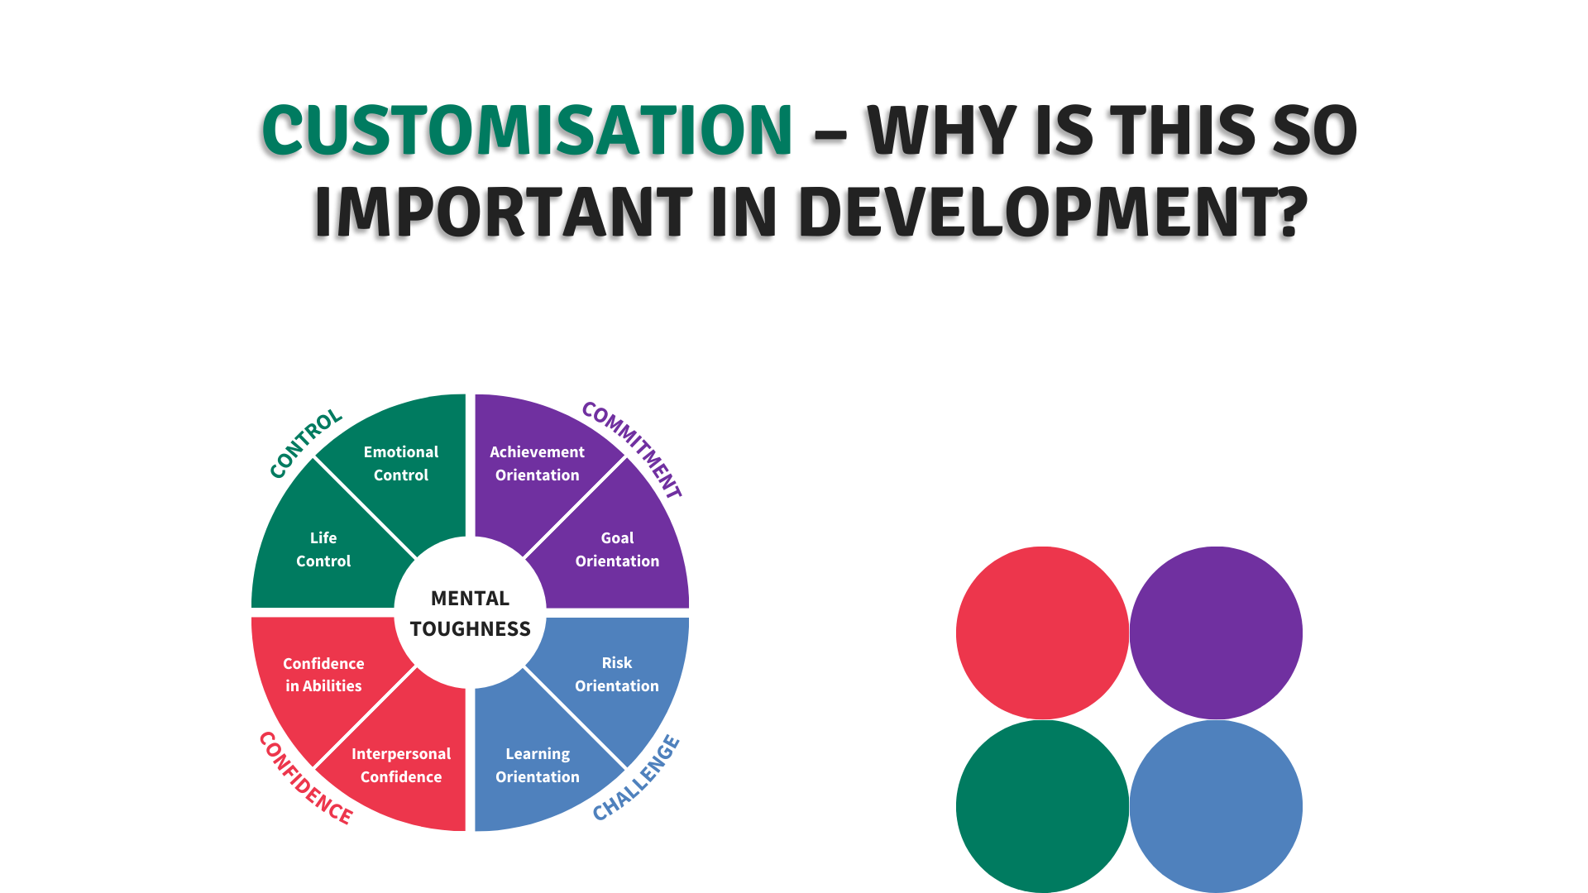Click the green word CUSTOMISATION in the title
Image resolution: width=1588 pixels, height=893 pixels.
[528, 131]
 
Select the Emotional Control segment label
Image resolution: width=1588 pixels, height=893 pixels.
[401, 463]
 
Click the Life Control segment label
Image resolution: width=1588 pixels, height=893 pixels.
[323, 549]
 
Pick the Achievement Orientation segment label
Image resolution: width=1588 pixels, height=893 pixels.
[538, 463]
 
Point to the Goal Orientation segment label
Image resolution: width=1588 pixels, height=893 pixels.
[617, 549]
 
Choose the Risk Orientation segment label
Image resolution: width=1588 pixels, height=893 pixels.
[617, 674]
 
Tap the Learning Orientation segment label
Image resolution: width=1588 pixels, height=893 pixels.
[538, 765]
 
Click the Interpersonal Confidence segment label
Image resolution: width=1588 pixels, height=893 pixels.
[401, 765]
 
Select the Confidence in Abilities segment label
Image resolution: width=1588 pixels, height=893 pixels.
[323, 674]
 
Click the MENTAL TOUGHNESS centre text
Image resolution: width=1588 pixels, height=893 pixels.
[470, 614]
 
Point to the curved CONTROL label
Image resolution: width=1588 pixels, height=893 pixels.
[305, 442]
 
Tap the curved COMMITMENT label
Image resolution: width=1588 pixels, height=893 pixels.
[632, 449]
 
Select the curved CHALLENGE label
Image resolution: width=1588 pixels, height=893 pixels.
[636, 778]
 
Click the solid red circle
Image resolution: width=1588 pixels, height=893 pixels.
[1042, 633]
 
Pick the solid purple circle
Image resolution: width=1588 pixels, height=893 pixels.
[1216, 633]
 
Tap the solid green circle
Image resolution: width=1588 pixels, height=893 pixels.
[1042, 806]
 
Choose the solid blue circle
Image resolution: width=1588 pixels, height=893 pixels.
[1216, 806]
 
